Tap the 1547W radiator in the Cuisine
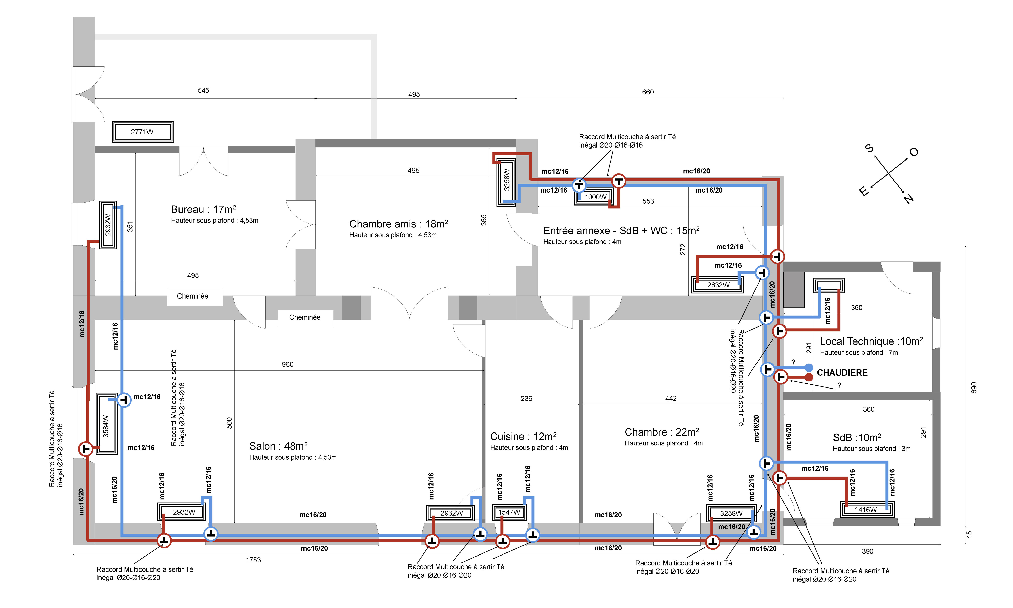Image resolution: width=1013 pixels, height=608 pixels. point(509,512)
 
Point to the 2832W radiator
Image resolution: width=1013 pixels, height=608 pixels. point(718,285)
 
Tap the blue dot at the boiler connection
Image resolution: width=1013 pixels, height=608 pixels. point(809,367)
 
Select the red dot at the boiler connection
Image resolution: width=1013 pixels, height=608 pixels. point(809,377)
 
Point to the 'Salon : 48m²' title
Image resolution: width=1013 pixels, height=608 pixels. point(278,446)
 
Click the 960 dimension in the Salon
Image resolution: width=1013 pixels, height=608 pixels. point(287,364)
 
